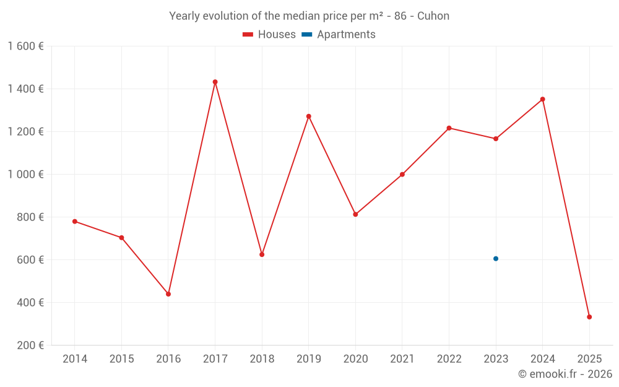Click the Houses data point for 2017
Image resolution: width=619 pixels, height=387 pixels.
point(215,82)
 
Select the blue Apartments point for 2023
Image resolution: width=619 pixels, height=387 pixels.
point(496,259)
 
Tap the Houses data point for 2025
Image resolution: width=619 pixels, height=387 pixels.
point(589,317)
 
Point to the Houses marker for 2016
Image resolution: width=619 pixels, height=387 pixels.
point(168,294)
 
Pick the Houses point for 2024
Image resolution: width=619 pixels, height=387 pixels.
point(543,99)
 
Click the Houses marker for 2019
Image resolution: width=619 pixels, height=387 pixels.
point(309,116)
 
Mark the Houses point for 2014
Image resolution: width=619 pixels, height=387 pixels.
point(75,221)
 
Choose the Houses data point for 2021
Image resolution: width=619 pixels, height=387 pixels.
point(402,175)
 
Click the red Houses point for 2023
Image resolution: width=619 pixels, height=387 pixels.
point(496,139)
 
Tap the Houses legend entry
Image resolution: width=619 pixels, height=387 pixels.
point(269,35)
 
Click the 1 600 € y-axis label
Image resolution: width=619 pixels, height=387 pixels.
point(26,46)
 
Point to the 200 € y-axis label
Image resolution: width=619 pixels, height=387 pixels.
point(30,346)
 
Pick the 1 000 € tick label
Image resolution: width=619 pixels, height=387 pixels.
point(26,175)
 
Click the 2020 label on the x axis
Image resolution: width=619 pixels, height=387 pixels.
point(355,359)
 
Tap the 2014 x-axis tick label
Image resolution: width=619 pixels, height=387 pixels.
point(75,359)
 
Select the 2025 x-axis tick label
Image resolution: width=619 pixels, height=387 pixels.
point(589,359)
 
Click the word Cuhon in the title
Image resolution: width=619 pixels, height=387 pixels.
point(433,16)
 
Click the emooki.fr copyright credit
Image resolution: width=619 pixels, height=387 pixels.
point(565,374)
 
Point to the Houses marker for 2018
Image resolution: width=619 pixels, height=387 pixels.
point(262,254)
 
